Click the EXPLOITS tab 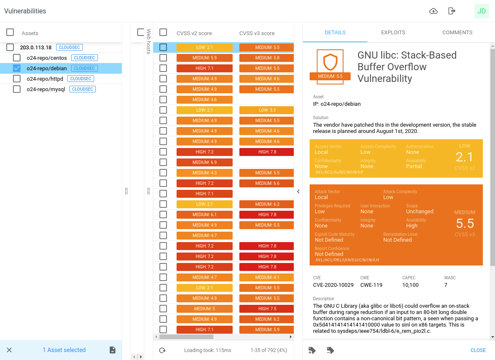click(x=393, y=33)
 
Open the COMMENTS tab click(x=457, y=33)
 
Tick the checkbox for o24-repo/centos click(x=17, y=58)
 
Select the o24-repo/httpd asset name click(x=45, y=79)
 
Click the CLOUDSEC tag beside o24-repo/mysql click(x=83, y=89)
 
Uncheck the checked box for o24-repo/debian click(x=17, y=68)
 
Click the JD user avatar click(x=482, y=11)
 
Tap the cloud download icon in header click(x=433, y=11)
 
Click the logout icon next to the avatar click(x=451, y=11)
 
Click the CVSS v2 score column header click(x=194, y=33)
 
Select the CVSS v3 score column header click(x=257, y=33)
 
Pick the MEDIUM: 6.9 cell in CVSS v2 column click(x=205, y=162)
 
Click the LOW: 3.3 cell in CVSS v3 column click(x=267, y=110)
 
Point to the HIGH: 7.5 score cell click(x=267, y=309)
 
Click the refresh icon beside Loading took click(x=162, y=350)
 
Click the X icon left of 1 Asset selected click(x=9, y=350)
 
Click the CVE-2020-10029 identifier click(x=333, y=285)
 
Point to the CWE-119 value click(x=371, y=285)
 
